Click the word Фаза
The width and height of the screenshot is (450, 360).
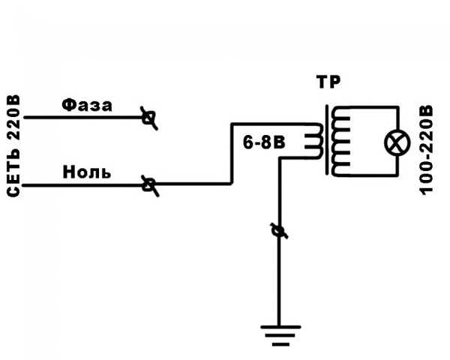tap(87, 105)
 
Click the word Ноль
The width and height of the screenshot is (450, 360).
tap(87, 172)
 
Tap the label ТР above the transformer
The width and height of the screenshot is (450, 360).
tap(328, 82)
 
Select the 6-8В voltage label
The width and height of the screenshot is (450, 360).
tap(264, 142)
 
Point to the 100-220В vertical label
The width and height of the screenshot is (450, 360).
tap(426, 150)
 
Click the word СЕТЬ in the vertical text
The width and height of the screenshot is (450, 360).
tap(13, 173)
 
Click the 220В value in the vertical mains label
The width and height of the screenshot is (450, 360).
tap(13, 117)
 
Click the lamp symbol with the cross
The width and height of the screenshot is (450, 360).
tap(397, 142)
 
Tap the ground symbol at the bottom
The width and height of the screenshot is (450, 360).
tap(280, 335)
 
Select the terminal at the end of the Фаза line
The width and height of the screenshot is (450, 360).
tap(149, 118)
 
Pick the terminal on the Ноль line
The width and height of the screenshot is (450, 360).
tap(149, 185)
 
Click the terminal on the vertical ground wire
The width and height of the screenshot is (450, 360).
tap(279, 230)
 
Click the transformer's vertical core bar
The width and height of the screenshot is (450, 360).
tap(327, 139)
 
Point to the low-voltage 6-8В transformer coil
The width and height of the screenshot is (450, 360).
tap(314, 141)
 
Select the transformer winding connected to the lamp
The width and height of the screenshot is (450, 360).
tap(340, 141)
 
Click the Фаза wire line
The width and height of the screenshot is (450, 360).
tap(84, 117)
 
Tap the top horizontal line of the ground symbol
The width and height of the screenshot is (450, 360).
tap(280, 327)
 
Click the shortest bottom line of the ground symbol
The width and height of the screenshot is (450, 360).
tap(280, 344)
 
